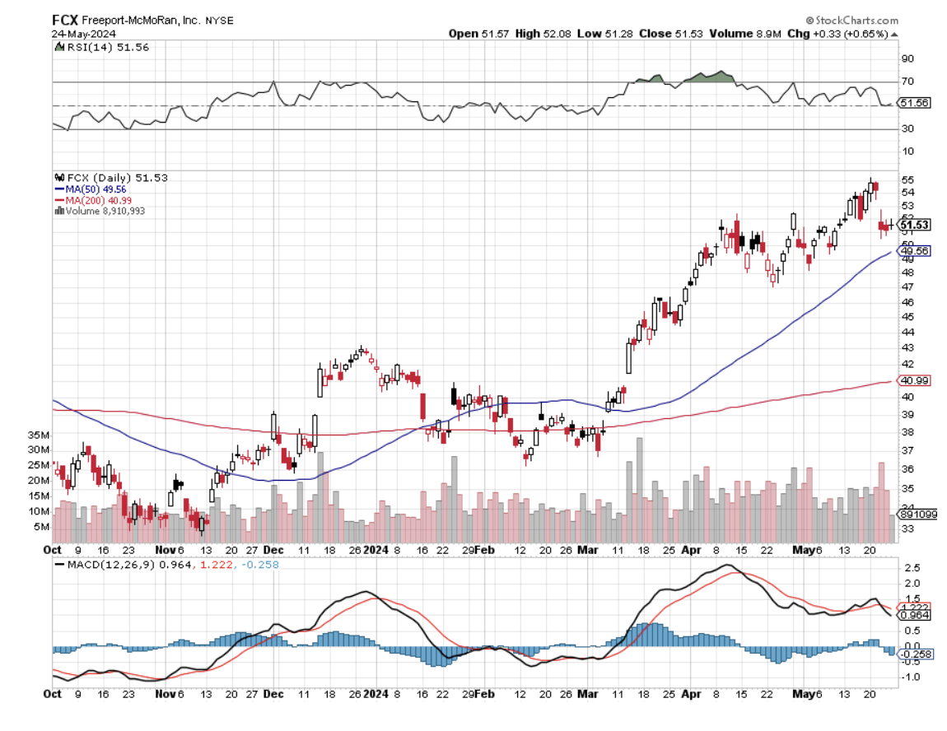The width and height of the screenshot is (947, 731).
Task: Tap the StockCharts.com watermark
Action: tap(852, 19)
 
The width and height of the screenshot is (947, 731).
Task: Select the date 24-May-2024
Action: tap(83, 34)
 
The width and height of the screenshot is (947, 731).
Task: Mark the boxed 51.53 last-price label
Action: tap(915, 225)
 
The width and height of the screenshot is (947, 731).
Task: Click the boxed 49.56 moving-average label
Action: tap(915, 251)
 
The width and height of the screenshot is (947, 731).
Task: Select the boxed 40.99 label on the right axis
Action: tap(915, 381)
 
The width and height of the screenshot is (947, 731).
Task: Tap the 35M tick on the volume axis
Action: tap(40, 435)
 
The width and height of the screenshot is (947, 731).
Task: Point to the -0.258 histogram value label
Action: tap(915, 654)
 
